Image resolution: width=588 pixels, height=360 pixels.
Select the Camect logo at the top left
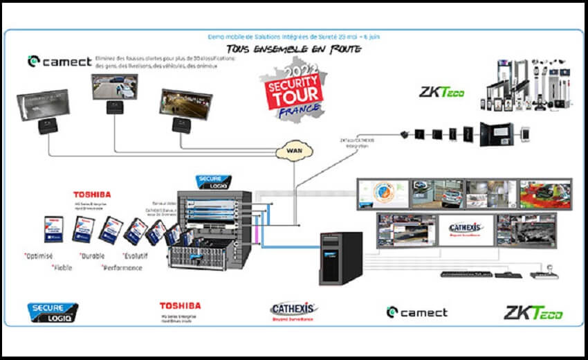click(x=59, y=62)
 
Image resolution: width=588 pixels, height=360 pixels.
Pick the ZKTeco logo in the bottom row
click(x=533, y=312)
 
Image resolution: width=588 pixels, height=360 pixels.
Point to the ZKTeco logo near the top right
click(x=442, y=92)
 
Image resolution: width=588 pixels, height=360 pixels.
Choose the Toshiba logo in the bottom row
click(x=180, y=305)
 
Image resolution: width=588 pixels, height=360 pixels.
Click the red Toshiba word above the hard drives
click(x=92, y=195)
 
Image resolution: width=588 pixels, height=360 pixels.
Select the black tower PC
click(x=340, y=258)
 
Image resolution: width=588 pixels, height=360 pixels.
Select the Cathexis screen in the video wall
click(x=466, y=228)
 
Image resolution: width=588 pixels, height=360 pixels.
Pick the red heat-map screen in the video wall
click(x=544, y=193)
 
